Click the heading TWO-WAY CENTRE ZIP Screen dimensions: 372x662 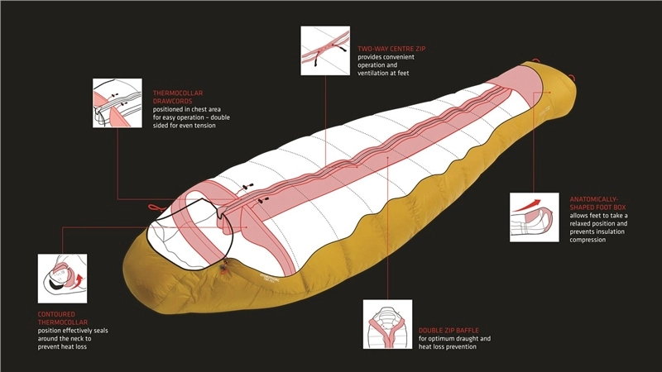point(391,50)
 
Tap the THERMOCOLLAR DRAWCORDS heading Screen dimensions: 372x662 point(178,97)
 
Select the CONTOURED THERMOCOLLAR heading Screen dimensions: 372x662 point(64,318)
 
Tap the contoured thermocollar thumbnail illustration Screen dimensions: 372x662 point(63,279)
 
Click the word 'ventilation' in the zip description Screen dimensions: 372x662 point(378,74)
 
